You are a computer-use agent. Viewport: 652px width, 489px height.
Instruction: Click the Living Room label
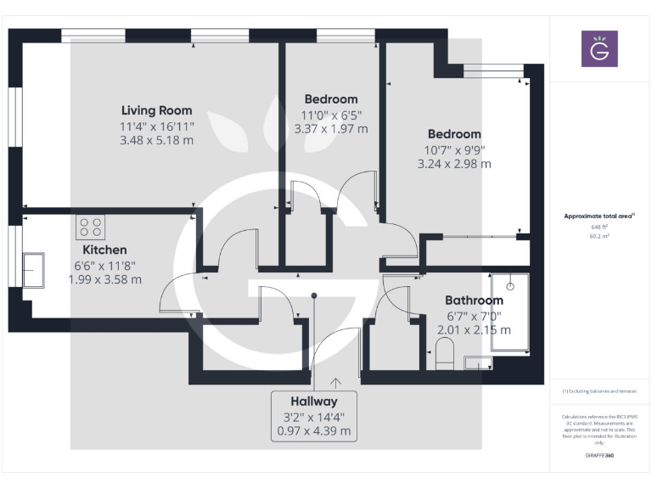point(156,110)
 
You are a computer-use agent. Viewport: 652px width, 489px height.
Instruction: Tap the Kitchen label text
point(104,250)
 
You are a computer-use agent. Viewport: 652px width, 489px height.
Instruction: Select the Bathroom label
point(474,301)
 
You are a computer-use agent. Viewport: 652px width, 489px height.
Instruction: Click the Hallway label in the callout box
point(313,402)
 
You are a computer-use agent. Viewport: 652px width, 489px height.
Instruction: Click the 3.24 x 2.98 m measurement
point(454,165)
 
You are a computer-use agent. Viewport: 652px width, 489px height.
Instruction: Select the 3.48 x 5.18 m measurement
point(156,140)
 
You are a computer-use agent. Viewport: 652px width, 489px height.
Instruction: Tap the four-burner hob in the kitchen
point(91,228)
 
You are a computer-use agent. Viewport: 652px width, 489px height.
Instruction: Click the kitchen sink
point(34,270)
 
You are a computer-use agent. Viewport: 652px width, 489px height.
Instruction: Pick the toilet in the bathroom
point(445,353)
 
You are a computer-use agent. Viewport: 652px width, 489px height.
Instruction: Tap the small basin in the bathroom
point(478,364)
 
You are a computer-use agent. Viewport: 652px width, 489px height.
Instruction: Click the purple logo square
point(599,49)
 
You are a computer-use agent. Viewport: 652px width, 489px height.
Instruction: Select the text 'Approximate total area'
point(598,216)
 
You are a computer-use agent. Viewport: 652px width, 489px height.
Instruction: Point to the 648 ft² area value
point(599,228)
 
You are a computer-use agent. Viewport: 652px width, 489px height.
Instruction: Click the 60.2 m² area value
point(599,237)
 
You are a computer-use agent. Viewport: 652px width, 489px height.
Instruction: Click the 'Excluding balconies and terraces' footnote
point(599,391)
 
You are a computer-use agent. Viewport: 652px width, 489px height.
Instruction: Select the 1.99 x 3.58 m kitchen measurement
point(104,279)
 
